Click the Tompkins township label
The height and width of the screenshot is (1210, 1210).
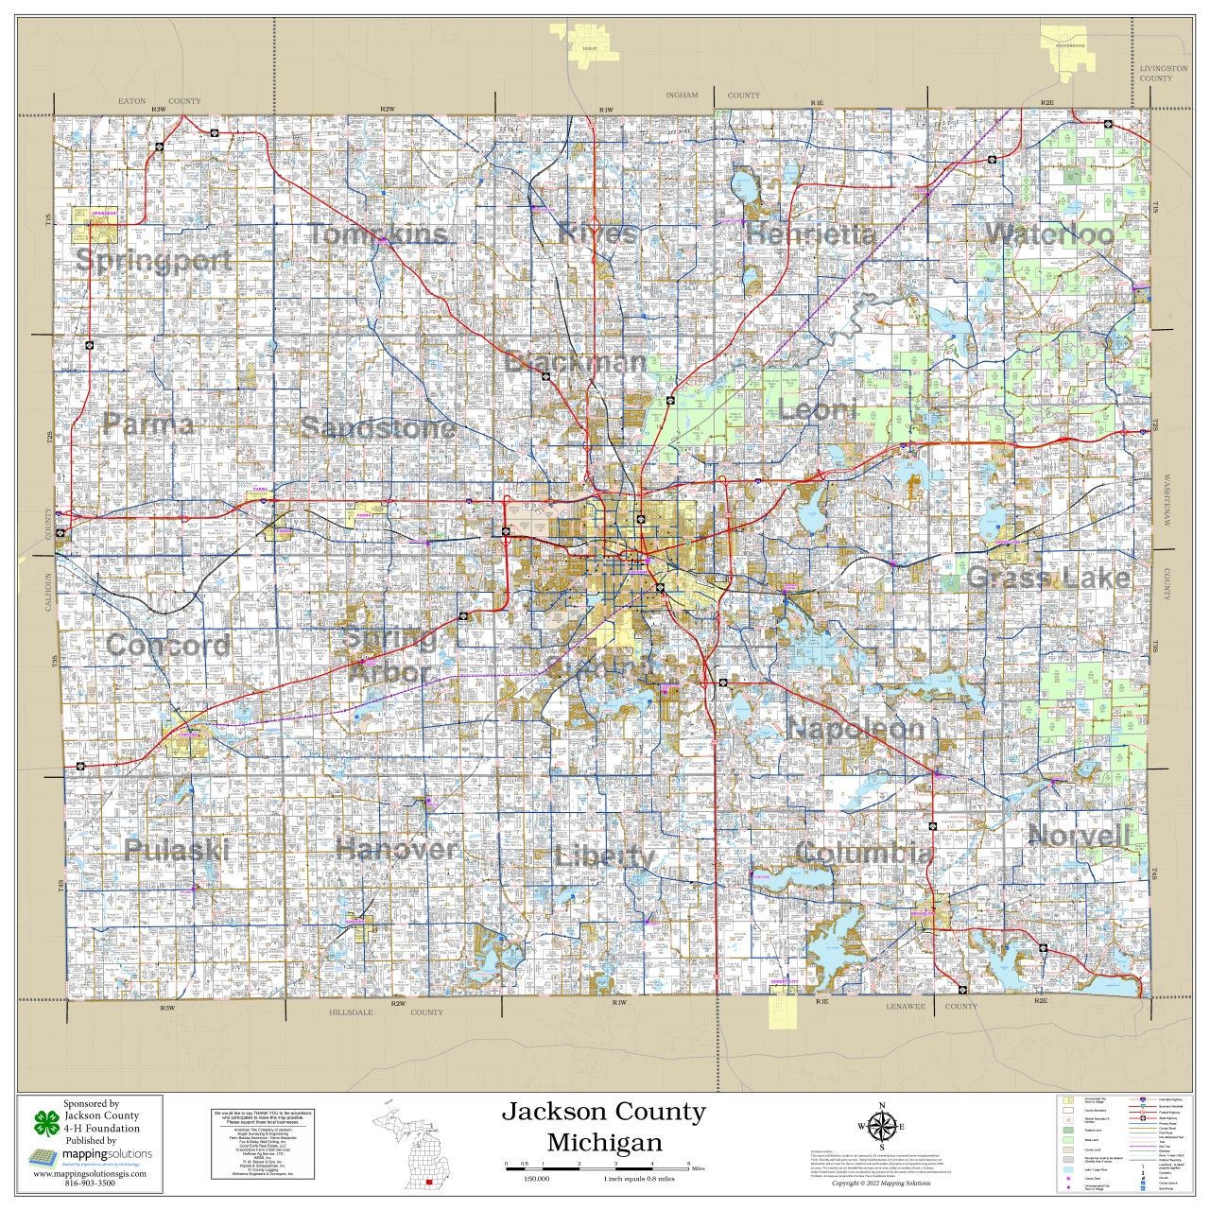click(x=378, y=234)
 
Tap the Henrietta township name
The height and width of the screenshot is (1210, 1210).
click(x=810, y=233)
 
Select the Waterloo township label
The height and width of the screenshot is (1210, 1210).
click(x=1049, y=233)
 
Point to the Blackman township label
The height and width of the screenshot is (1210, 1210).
click(x=576, y=362)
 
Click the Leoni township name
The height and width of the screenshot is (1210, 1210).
click(x=818, y=410)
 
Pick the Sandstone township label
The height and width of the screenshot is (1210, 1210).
click(x=378, y=427)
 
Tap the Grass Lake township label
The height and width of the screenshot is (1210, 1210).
click(x=1048, y=578)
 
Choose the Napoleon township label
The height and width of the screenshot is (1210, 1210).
click(x=856, y=728)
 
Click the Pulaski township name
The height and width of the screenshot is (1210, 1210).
click(x=177, y=850)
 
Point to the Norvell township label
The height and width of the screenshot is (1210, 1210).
click(x=1079, y=836)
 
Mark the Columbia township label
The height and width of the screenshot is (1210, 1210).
click(x=864, y=853)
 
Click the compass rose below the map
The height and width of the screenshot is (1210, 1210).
click(x=882, y=1126)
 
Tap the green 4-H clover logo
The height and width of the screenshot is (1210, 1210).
click(x=46, y=1123)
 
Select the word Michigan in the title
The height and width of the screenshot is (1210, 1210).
click(x=604, y=1142)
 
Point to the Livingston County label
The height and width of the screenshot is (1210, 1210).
click(x=1163, y=74)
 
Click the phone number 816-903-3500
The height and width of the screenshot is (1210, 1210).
click(x=90, y=1184)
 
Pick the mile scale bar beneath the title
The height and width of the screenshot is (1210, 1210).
click(x=597, y=1166)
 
